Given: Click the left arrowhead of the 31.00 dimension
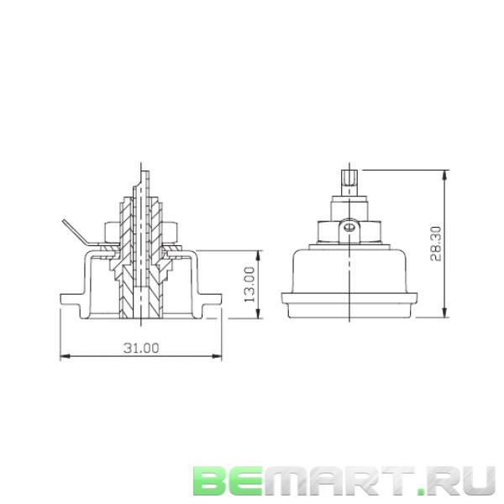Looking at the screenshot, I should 64,357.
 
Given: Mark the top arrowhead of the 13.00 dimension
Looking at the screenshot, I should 257,252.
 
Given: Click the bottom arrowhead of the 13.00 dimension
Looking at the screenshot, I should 257,316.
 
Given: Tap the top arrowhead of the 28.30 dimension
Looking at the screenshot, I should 445,174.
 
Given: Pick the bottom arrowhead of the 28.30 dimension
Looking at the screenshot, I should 445,316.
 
